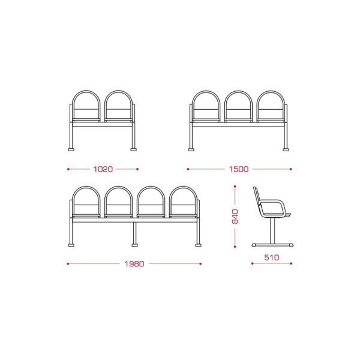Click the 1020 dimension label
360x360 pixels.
103,169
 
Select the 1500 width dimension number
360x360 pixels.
239,169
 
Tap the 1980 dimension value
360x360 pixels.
134,264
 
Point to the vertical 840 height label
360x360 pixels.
235,216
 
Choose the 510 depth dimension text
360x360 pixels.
272,257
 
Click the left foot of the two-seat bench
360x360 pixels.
71,149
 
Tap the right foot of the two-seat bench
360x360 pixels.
134,149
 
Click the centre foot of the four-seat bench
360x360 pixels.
134,245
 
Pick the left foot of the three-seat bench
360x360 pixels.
191,149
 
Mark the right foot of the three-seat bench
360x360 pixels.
286,149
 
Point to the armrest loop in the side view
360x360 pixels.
272,201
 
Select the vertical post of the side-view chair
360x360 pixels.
272,230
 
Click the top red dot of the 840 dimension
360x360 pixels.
235,187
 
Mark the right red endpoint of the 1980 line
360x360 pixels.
200,264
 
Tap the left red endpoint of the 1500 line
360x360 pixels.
188,169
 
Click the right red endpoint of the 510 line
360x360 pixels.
291,263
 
